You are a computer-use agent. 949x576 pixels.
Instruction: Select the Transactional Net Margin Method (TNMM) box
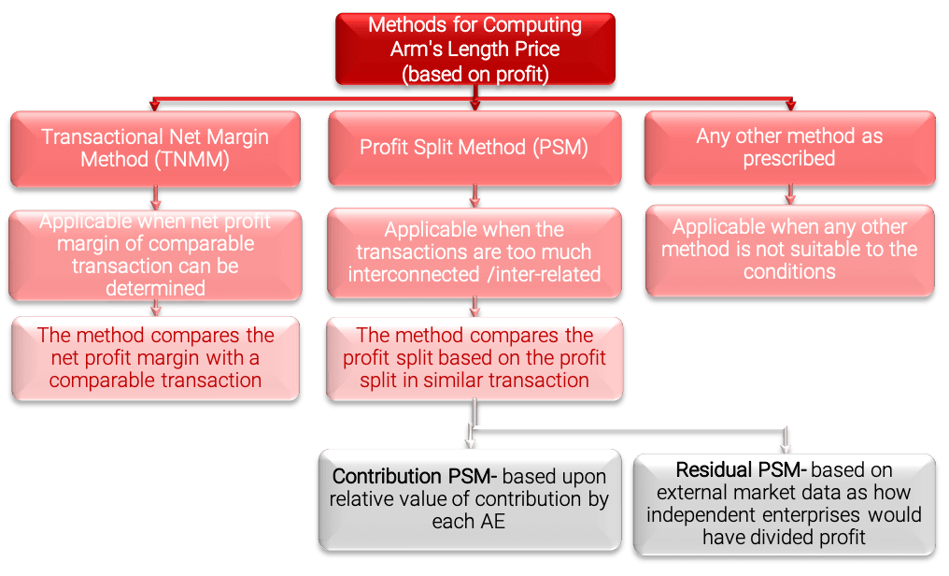155,149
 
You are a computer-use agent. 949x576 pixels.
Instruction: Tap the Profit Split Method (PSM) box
474,149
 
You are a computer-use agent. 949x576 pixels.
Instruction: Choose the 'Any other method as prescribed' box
789,149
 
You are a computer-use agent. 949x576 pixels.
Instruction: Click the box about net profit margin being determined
155,255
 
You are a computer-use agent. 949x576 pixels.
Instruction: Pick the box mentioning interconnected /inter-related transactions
474,252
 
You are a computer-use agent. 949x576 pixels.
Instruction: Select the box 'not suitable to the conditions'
789,250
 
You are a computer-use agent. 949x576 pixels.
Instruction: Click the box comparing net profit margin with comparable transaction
155,357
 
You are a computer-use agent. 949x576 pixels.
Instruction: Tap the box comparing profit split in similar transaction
474,358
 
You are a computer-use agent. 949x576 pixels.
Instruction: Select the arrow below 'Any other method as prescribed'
790,194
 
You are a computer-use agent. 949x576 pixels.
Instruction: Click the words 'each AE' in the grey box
468,522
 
